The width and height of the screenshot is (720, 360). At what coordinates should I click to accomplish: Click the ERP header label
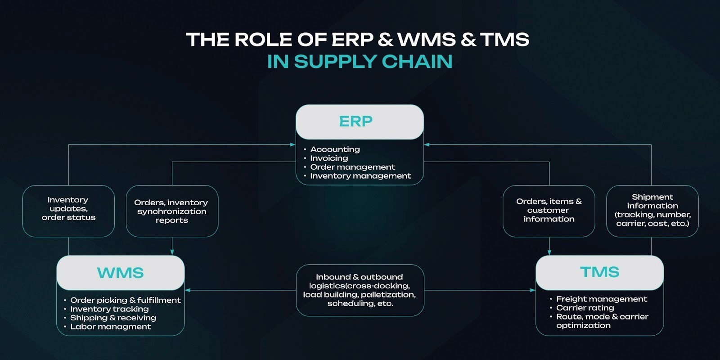355,121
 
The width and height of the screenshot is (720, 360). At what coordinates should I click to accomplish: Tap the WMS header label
120,273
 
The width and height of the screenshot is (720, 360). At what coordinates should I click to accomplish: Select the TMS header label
599,272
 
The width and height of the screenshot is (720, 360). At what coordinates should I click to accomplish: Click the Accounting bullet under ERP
335,149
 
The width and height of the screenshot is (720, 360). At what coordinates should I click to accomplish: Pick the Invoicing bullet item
329,158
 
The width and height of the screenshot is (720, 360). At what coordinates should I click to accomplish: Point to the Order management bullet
352,167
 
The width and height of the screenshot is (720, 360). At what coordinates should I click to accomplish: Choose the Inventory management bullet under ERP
360,176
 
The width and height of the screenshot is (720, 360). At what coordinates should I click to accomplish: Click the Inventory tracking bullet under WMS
109,309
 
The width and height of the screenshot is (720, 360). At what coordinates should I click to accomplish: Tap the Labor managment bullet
110,327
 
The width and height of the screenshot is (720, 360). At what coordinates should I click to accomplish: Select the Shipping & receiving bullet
113,318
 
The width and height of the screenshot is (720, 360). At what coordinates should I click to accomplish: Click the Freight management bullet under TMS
602,299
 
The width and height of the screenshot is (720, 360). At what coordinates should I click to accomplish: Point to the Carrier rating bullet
585,308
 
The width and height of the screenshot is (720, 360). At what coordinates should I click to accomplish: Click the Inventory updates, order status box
68,211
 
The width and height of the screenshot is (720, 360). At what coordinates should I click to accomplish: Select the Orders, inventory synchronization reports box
172,211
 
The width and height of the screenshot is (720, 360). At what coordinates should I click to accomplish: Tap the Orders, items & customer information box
549,211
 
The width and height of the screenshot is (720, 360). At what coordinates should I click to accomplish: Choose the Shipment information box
652,211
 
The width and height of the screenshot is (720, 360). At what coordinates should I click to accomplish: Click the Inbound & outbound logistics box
360,290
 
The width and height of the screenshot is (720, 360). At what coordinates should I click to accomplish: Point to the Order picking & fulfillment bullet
125,300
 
